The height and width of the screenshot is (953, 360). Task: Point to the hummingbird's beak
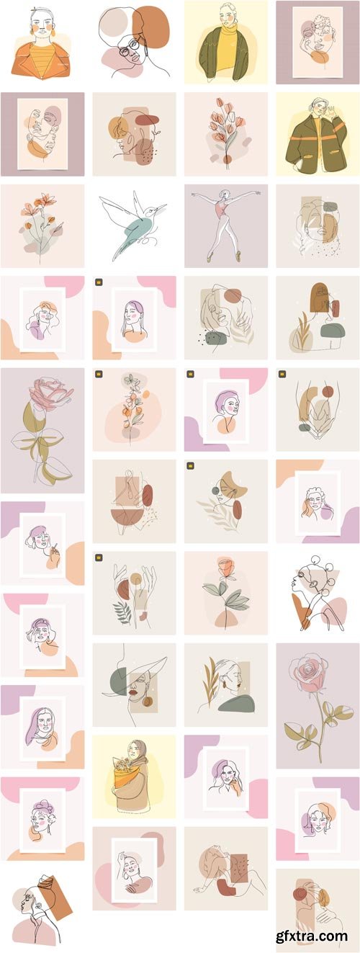[161, 207]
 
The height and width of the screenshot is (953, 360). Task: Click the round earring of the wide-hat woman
[147, 702]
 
